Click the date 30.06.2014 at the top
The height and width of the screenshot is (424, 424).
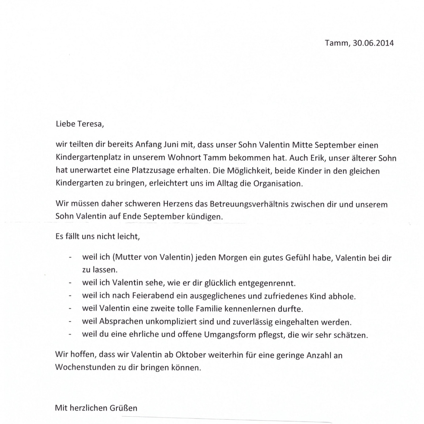click(373, 43)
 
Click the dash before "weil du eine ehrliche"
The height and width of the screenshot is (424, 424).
click(70, 335)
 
